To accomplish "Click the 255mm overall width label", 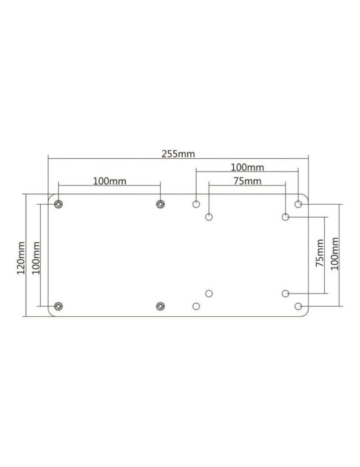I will (x=178, y=153).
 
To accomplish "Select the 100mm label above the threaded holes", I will (x=109, y=181).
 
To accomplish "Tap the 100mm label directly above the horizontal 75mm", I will (x=247, y=167).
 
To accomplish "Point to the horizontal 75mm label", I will (x=247, y=181).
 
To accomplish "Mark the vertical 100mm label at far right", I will (x=335, y=254).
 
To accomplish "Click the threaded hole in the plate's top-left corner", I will (x=59, y=203).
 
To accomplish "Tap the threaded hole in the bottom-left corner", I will (x=59, y=306).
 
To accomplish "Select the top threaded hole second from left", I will (x=160, y=203).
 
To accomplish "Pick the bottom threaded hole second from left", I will (x=160, y=306).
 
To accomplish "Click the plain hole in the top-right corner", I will (x=298, y=203).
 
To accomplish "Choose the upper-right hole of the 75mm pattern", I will (x=285, y=217).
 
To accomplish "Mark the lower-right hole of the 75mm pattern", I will (x=285, y=294).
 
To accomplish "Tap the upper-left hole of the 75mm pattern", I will (x=209, y=217).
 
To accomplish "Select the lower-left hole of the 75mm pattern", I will (x=209, y=294).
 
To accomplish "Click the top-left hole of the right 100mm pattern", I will (x=196, y=203).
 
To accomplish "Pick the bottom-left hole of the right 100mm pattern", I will (x=196, y=306).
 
